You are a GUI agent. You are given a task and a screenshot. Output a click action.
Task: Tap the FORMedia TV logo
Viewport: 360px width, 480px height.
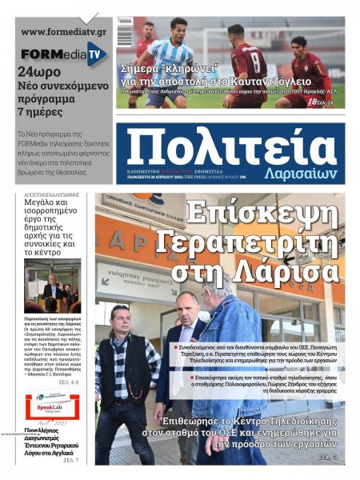click(63, 54)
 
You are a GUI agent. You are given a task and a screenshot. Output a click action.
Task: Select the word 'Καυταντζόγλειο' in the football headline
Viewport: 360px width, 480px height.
click(285, 82)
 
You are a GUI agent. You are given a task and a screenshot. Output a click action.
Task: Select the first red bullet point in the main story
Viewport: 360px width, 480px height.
click(177, 348)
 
